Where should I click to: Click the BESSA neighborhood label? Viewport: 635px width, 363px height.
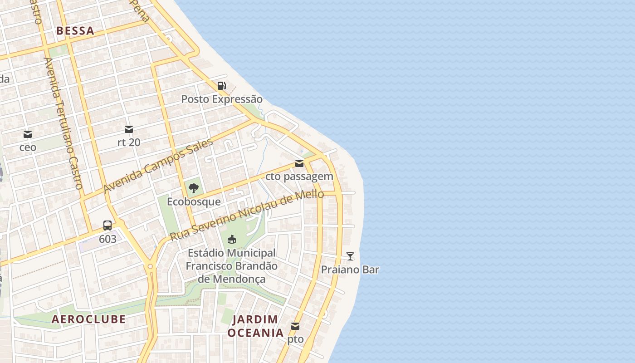point(75,31)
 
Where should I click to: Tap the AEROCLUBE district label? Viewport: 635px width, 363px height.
point(88,319)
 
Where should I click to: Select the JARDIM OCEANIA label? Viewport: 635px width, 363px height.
point(255,326)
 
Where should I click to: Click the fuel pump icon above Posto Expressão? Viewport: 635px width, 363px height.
point(221,85)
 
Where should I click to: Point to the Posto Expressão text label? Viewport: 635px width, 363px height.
point(222,99)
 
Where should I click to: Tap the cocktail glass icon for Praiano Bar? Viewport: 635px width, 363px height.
point(350,256)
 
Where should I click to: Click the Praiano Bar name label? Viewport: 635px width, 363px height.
point(350,270)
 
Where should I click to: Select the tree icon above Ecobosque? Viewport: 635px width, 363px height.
point(194,188)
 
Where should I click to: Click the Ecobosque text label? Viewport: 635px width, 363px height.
point(194,201)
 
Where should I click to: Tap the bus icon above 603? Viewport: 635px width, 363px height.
point(107,226)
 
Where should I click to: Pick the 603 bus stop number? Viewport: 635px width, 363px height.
point(107,239)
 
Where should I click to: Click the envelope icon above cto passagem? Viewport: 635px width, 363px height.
point(299,163)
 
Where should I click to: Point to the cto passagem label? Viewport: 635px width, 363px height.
point(299,177)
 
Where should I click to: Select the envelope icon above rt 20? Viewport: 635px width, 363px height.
point(129,129)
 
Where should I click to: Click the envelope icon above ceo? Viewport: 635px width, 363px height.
point(28,134)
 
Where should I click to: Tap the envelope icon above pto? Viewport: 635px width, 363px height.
point(295,326)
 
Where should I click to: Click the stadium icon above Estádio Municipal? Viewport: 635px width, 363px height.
point(232,239)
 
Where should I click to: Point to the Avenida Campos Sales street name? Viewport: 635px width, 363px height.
point(158,166)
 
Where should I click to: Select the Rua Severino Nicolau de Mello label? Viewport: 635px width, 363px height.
point(247,215)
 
